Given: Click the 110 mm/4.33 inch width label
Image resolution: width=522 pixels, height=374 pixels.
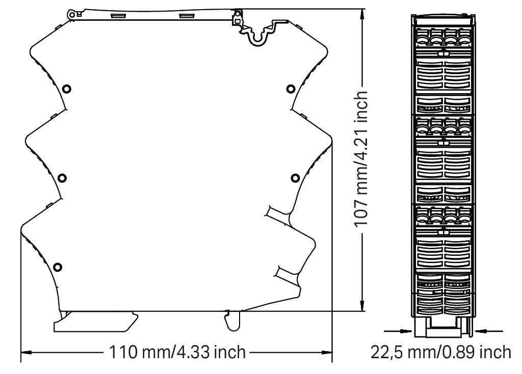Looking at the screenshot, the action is [177, 352].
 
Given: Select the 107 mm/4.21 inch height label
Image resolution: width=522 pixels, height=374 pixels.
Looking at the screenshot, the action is [360, 159].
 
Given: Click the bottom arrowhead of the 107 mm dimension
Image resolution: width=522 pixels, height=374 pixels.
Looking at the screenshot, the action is [362, 306].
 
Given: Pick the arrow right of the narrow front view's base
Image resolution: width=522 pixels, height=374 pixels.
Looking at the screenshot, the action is [489, 331].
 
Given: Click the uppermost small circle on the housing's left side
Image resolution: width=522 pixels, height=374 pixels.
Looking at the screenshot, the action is [67, 89].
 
